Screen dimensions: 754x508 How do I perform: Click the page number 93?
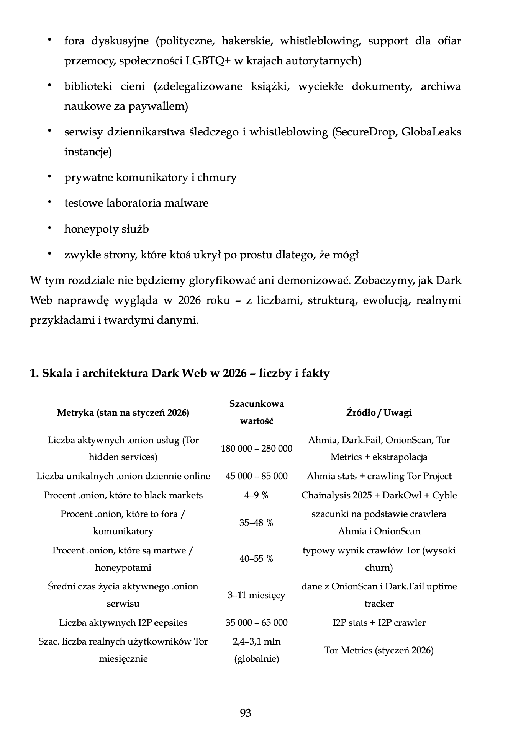pos(245,713)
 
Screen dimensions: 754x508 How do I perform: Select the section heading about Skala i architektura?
pos(180,373)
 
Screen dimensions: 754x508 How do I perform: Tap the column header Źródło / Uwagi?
pos(379,412)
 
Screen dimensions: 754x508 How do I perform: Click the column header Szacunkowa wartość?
pos(256,412)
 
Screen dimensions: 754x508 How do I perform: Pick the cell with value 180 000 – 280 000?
pos(256,448)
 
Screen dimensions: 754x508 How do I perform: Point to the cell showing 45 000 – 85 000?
pos(256,476)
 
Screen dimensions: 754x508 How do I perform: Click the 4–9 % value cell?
pos(256,495)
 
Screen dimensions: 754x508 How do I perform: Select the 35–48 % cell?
pos(256,522)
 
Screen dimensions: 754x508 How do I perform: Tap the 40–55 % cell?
pos(256,558)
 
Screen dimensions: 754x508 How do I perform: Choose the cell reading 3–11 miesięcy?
pos(256,595)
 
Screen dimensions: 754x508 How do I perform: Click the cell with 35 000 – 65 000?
pos(256,622)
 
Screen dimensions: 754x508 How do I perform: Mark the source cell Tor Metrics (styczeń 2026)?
pos(379,650)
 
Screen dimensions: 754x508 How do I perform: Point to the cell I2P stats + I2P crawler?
pos(379,622)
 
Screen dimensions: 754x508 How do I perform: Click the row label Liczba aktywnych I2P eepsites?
pos(123,622)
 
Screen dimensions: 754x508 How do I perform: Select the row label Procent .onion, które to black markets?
pos(123,495)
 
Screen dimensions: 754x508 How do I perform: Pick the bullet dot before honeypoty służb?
pos(49,228)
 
